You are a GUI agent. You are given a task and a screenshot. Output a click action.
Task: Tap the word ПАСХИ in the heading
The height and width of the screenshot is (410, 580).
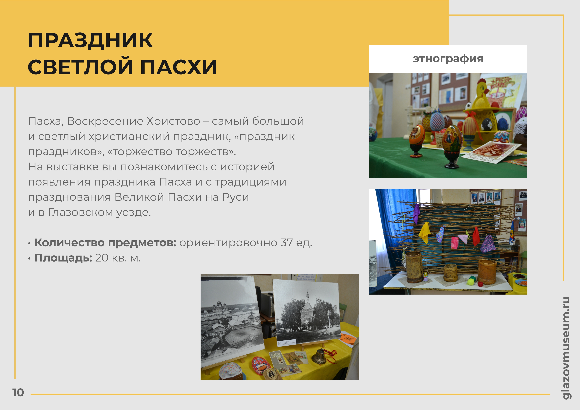click(178, 67)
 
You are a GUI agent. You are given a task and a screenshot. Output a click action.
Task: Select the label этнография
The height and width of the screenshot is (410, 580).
click(448, 59)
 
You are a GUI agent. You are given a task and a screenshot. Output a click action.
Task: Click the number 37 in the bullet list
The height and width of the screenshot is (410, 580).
click(287, 243)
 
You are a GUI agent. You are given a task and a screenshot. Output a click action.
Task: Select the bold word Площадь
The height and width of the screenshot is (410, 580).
click(63, 258)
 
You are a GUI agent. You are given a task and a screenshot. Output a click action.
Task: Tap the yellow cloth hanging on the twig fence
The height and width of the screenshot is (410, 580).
click(424, 232)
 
